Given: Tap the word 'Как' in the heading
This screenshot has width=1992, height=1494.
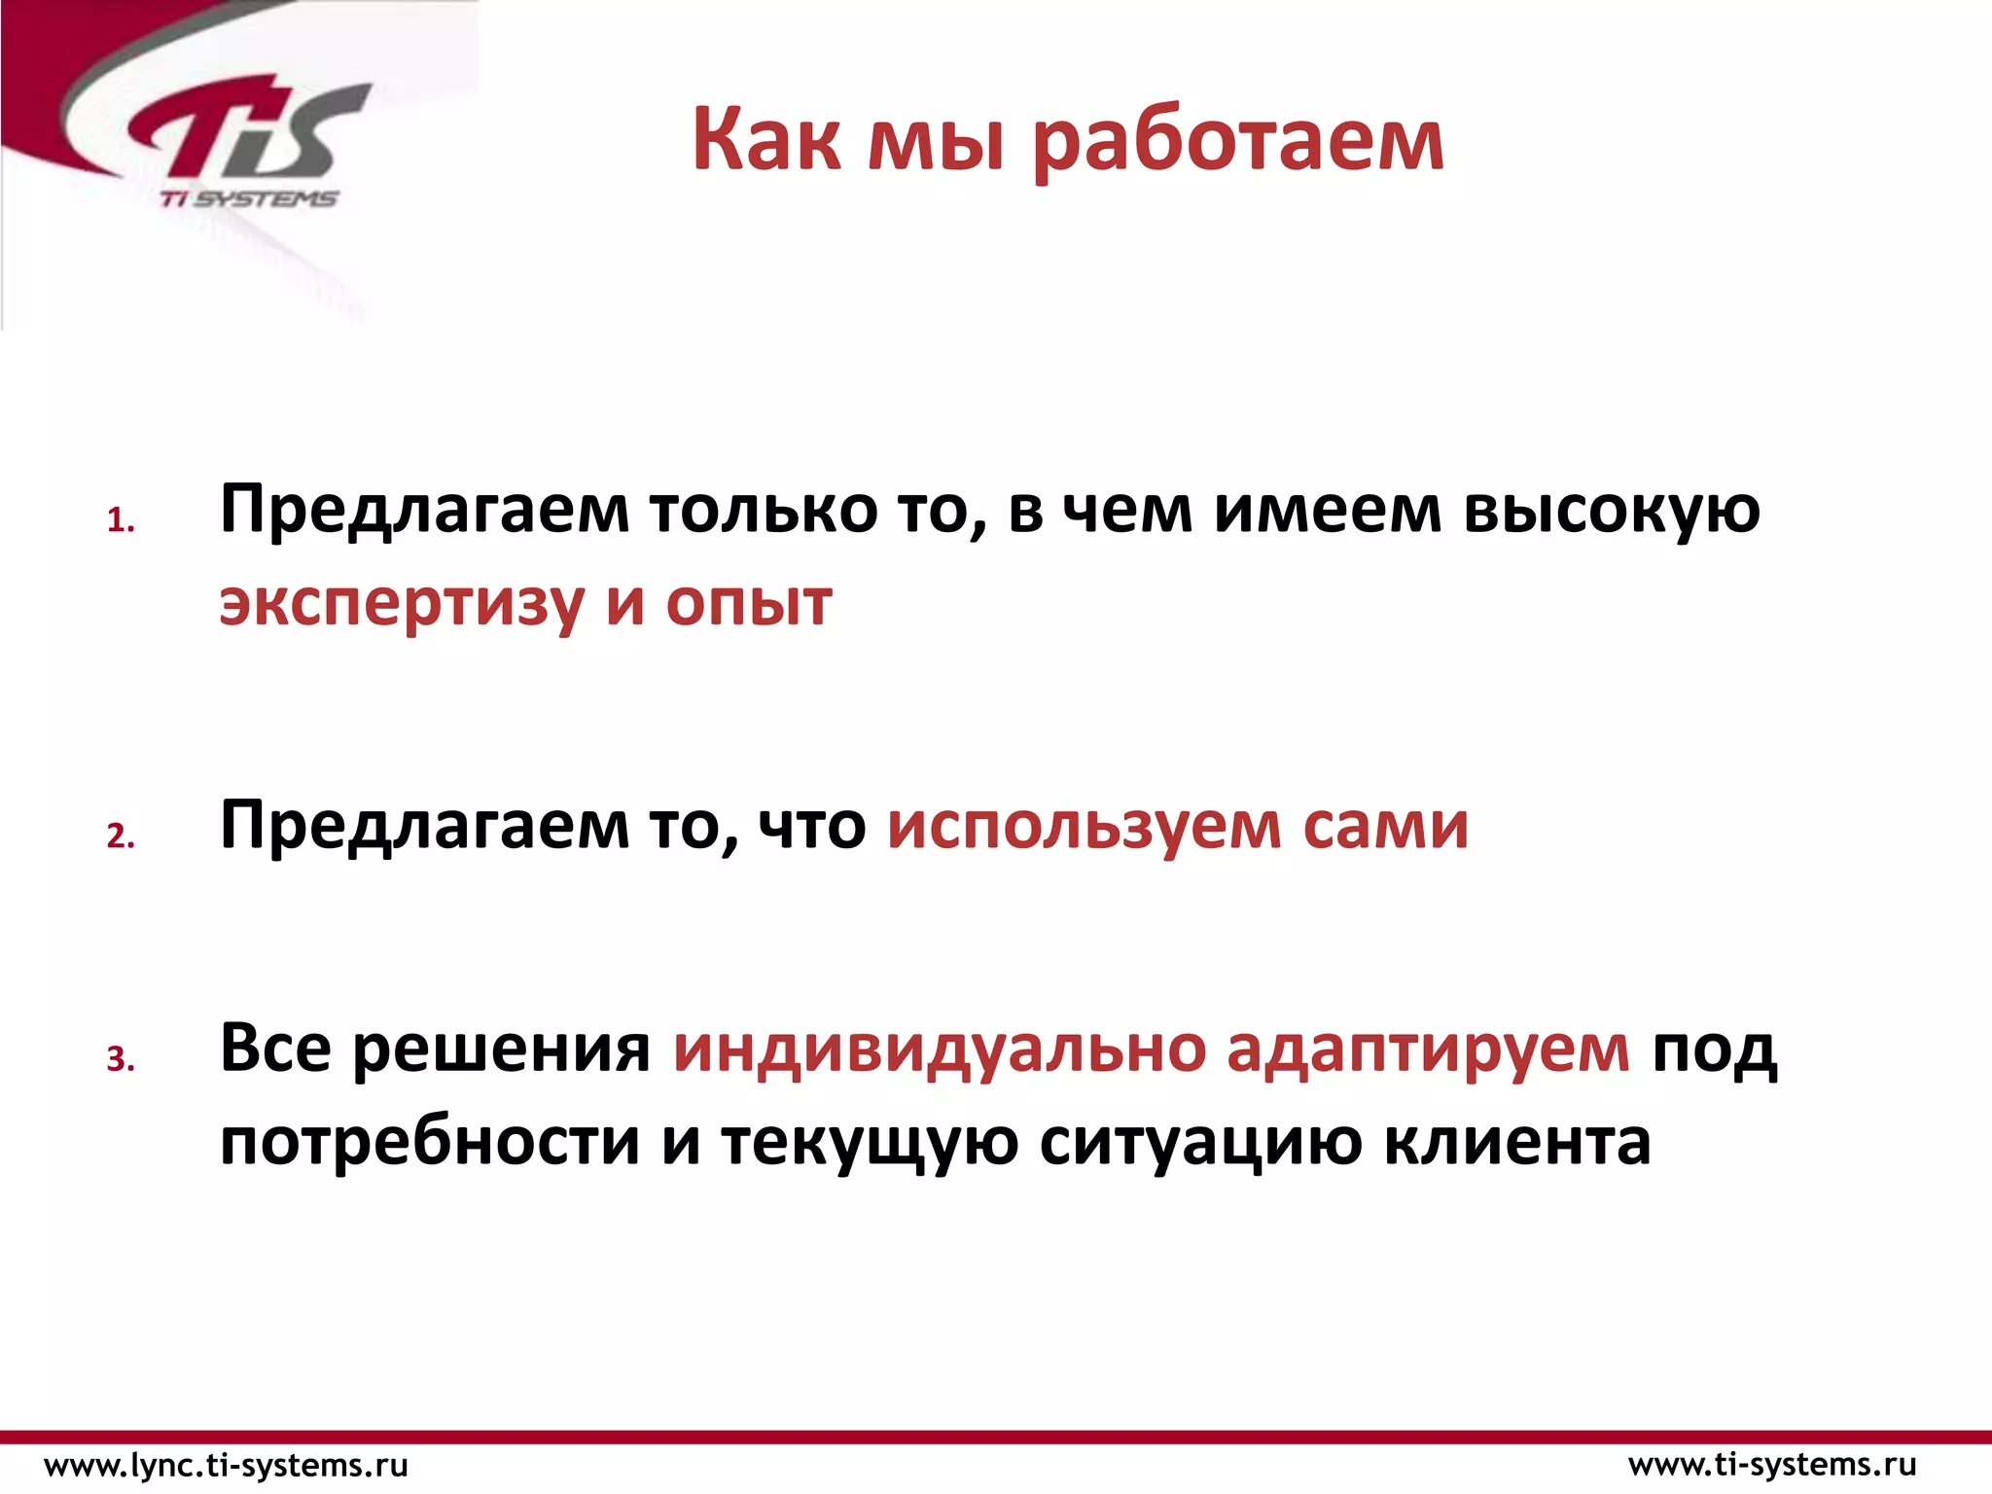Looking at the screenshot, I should (x=766, y=141).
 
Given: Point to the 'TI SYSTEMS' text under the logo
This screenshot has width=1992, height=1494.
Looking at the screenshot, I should (x=248, y=198).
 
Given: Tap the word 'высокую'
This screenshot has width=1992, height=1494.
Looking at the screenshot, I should (x=1612, y=511).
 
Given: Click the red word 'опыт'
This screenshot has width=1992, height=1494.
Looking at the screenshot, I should (x=749, y=603).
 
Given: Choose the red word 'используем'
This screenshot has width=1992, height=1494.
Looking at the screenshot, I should (x=1084, y=826).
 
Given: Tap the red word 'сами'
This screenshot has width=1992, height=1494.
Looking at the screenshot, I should (x=1385, y=826).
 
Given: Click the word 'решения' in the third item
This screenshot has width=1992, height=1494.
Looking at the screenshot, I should (x=501, y=1049).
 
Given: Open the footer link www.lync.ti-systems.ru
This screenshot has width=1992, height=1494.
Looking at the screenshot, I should (x=227, y=1465).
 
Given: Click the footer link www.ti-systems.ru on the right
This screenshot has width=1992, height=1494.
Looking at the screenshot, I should (x=1772, y=1465).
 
